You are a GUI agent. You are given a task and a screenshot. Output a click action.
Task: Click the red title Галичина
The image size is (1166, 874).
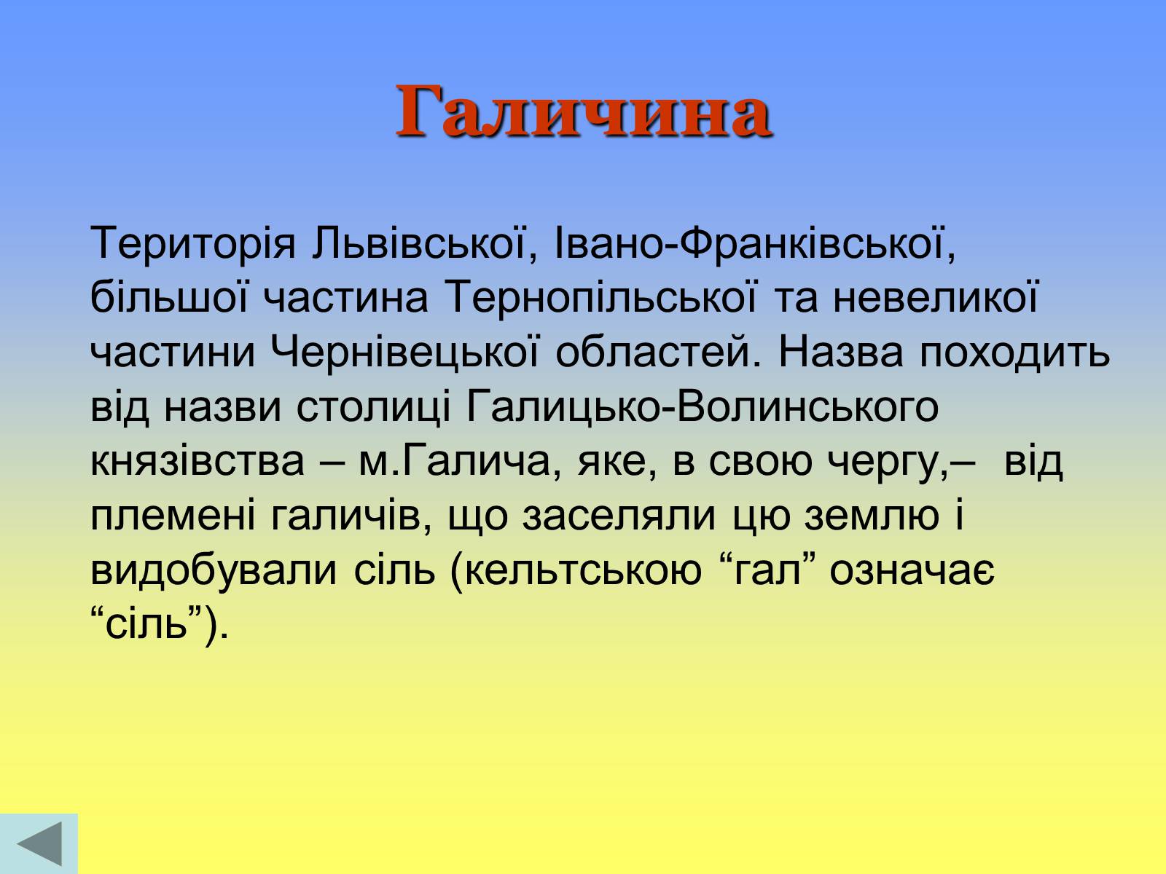pyautogui.click(x=583, y=111)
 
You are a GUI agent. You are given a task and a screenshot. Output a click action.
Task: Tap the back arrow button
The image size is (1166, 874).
pyautogui.click(x=39, y=843)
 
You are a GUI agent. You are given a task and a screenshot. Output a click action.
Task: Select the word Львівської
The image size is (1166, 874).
pyautogui.click(x=424, y=244)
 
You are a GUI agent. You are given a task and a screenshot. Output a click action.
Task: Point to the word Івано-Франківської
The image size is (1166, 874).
pyautogui.click(x=755, y=244)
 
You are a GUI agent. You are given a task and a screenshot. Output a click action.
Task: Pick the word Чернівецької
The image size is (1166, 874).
pyautogui.click(x=404, y=353)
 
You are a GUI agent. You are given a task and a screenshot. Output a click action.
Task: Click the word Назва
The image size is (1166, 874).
pyautogui.click(x=840, y=353)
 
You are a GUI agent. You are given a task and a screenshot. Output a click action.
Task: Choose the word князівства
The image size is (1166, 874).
pyautogui.click(x=197, y=461)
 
